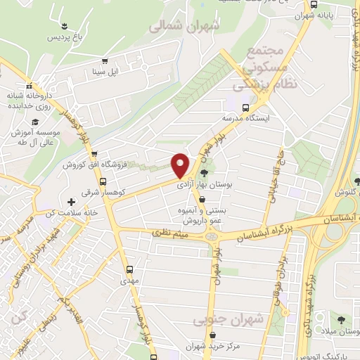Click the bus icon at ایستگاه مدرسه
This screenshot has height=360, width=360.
pos(245,108)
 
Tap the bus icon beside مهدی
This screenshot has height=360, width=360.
pos(129,269)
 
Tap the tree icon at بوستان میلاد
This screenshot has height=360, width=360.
pos(340,319)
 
